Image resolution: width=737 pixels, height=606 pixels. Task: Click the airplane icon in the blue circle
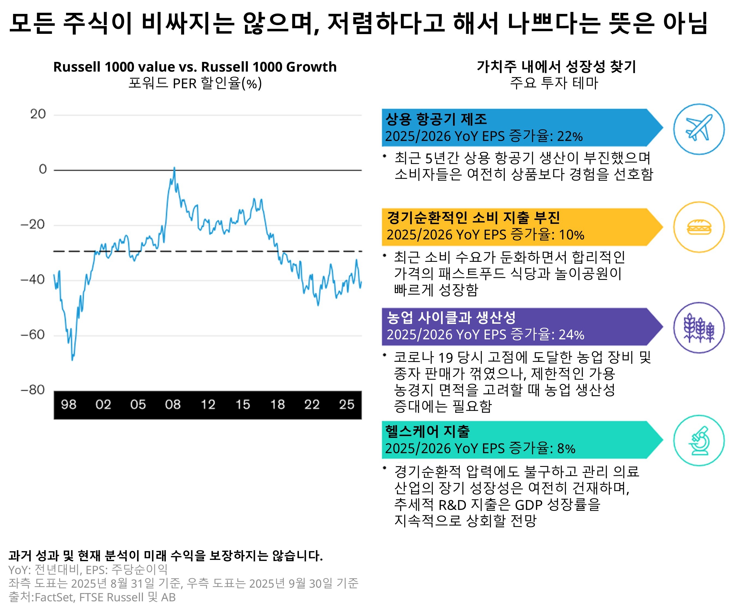[699, 128]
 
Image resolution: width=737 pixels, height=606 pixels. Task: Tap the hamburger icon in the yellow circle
[699, 227]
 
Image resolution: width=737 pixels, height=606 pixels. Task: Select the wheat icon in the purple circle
[699, 328]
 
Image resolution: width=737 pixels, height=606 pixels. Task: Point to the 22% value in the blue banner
[570, 136]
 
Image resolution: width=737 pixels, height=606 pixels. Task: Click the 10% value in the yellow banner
[571, 235]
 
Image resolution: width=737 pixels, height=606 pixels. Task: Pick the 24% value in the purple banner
[571, 335]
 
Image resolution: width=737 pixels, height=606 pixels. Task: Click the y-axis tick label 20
[38, 114]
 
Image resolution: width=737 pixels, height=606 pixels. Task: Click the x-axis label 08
[173, 404]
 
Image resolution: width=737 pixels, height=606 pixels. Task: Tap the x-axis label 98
[68, 404]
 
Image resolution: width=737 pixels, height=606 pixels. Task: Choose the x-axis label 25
[347, 404]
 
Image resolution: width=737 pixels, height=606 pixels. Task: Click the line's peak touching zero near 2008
[174, 168]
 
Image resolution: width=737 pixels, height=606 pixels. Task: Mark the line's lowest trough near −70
[72, 359]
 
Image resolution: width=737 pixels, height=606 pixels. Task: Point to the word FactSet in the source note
[54, 597]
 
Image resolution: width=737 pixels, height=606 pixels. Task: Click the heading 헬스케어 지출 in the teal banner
[427, 431]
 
